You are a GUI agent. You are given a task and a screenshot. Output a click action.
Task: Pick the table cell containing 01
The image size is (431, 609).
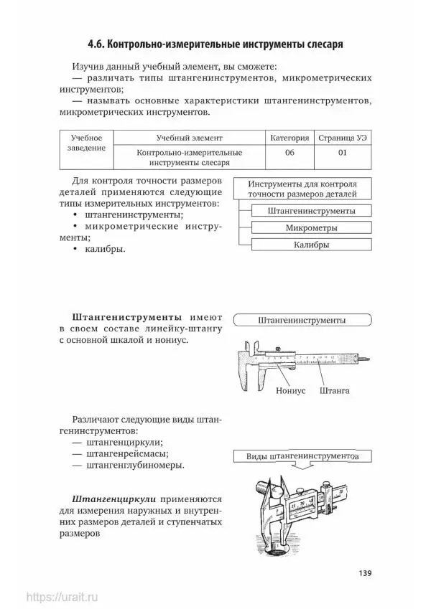(342, 153)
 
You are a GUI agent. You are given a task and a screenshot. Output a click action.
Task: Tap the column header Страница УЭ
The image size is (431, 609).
(342, 138)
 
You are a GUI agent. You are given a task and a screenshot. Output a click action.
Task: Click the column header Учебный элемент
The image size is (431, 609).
(189, 138)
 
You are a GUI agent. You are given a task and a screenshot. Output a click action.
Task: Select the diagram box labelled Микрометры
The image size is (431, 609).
(311, 228)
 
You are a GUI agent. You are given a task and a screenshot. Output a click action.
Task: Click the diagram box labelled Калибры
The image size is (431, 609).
(311, 245)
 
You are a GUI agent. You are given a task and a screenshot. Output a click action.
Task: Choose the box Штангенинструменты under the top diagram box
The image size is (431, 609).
(311, 212)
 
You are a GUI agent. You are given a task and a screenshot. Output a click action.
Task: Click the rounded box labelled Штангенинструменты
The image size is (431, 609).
(301, 320)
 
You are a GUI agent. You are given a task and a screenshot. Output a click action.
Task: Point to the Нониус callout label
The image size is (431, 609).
(291, 392)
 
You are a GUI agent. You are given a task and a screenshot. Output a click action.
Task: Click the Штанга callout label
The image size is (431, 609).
(335, 392)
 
